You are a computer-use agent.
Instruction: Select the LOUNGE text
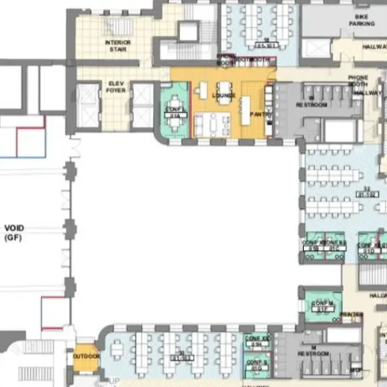pos(224,95)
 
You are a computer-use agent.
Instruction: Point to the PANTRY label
pos(260,115)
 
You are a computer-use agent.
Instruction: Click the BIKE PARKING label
pos(362,19)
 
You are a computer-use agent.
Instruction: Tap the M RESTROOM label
pos(313,350)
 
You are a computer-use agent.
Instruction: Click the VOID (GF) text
pos(13,232)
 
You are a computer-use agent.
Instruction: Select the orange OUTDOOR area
pos(85,356)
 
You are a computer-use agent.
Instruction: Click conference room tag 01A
pos(176,115)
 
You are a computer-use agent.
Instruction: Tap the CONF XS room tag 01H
pos(256,344)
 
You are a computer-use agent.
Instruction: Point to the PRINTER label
pos(351,314)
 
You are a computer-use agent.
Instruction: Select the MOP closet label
pos(356,369)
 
